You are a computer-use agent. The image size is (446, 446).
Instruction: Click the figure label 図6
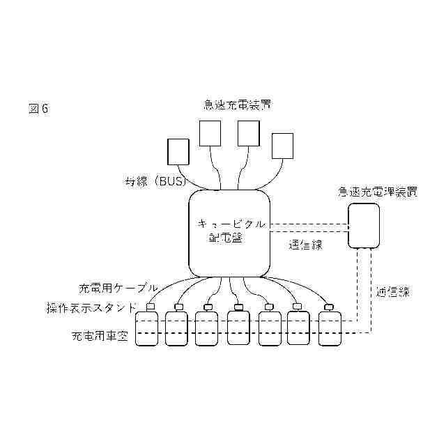[38, 109]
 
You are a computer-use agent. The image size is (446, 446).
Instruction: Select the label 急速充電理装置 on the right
[378, 191]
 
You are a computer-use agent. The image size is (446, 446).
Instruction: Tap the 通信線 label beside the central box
[305, 245]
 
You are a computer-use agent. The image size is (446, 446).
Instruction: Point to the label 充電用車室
[100, 336]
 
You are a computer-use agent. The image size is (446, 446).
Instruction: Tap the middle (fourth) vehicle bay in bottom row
[238, 329]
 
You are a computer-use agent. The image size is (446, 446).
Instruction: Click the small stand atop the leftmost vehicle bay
[150, 307]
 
